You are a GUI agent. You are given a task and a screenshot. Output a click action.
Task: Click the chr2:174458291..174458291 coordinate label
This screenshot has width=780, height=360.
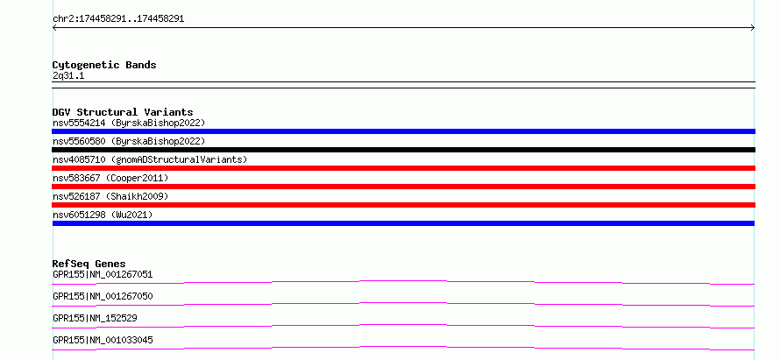pyautogui.click(x=118, y=19)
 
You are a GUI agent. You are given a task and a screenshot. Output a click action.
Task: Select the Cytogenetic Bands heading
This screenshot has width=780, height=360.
pyautogui.click(x=104, y=65)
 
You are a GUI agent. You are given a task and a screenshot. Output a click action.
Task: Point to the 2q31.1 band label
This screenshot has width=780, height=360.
pyautogui.click(x=68, y=75)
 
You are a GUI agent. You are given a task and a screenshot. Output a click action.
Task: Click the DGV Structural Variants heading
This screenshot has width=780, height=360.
pyautogui.click(x=123, y=112)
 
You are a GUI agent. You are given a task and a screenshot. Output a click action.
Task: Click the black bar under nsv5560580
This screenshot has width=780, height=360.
pyautogui.click(x=403, y=150)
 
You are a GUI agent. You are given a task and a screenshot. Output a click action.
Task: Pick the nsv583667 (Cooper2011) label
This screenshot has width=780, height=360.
pyautogui.click(x=110, y=178)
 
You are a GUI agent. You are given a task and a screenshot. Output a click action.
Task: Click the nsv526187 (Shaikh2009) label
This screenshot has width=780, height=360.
pyautogui.click(x=110, y=196)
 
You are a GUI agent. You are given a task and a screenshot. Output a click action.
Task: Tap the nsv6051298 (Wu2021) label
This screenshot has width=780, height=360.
pyautogui.click(x=103, y=215)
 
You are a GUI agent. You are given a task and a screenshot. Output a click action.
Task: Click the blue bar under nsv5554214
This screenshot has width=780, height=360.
pyautogui.click(x=403, y=131)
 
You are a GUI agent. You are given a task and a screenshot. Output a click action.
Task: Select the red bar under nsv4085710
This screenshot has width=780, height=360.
pyautogui.click(x=403, y=168)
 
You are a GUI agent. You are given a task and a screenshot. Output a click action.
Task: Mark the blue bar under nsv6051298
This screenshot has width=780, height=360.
pyautogui.click(x=403, y=223)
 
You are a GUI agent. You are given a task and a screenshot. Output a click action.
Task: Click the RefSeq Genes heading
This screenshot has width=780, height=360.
pyautogui.click(x=89, y=264)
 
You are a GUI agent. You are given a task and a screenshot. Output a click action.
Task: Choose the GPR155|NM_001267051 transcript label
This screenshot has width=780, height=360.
pyautogui.click(x=103, y=274)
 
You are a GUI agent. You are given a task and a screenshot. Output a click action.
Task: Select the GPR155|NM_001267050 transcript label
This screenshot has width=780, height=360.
pyautogui.click(x=103, y=296)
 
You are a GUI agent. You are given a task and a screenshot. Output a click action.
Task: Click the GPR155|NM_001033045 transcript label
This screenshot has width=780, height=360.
pyautogui.click(x=103, y=340)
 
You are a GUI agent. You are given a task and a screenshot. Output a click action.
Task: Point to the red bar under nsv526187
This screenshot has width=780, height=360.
pyautogui.click(x=403, y=205)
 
